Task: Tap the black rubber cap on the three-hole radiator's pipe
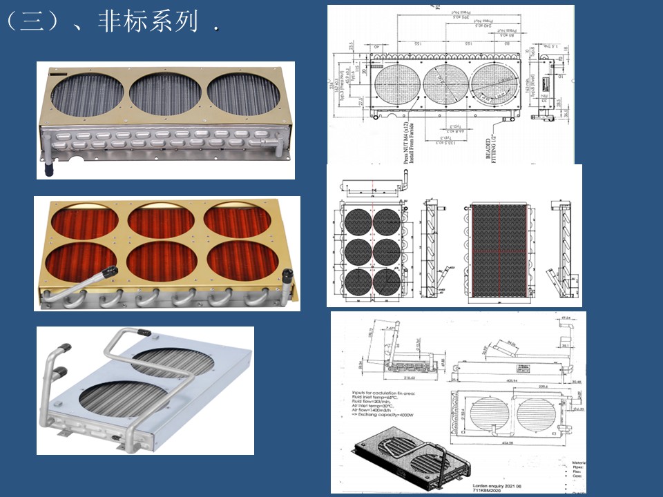[50, 168]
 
